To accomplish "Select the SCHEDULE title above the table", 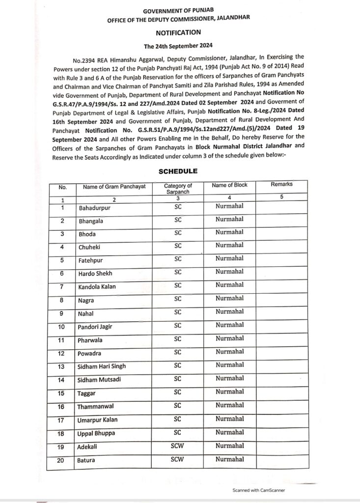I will (178, 171).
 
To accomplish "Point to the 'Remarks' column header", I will (281, 184).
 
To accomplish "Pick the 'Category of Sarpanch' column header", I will (178, 188).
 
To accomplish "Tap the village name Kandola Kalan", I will (97, 286).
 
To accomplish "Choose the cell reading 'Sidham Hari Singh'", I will (102, 366).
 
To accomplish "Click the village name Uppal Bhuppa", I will (97, 433).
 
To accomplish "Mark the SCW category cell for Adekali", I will (177, 446).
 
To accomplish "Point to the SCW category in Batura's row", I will (177, 459).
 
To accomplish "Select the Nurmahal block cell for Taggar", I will (229, 392).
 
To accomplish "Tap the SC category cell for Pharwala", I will (178, 339).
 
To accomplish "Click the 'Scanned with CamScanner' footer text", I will (259, 490).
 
